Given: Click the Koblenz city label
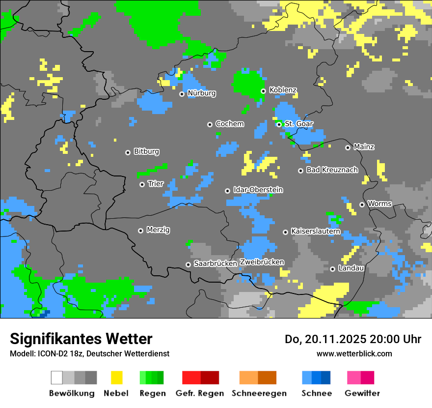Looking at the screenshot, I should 283,90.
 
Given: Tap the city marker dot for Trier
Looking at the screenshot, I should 142,184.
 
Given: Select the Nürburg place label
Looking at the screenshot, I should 201,93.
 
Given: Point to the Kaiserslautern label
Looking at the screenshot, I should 316,231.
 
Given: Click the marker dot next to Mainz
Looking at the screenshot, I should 348,147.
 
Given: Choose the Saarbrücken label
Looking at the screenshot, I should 216,263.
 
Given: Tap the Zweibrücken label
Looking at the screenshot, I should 262,262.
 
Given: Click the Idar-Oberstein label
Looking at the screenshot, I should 258,190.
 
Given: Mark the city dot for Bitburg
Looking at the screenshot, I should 128,152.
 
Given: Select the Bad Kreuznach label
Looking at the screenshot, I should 332,170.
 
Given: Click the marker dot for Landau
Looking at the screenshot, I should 332,268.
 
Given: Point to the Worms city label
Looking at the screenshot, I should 379,204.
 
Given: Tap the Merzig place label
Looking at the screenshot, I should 158,230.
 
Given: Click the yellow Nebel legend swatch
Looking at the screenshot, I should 116,378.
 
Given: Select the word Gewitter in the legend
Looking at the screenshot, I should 362,393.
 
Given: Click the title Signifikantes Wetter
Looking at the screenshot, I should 81,339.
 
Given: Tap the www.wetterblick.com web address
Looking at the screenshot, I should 354,353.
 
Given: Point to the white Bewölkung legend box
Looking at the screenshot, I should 56,378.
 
